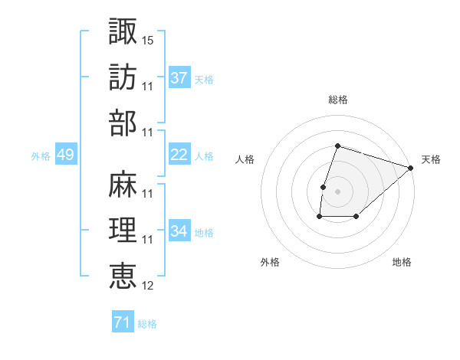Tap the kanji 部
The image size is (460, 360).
pos(123,123)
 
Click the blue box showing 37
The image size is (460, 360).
pos(179,78)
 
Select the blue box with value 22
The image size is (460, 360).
pos(179,155)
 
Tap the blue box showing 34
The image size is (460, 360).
pos(179,231)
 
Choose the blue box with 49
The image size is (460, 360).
pos(65,155)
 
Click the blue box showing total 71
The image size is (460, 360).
pos(123,323)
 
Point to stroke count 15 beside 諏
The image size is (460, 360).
pos(148,38)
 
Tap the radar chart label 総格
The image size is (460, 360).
pos(337,100)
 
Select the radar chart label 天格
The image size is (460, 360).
pos(431,159)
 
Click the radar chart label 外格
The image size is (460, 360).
pos(270,262)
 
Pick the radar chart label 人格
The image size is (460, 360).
pos(245,159)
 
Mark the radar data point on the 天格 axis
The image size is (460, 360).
pos(412,168)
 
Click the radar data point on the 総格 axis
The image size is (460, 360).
pos(337,146)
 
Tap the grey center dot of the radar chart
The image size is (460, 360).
pos(337,191)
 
